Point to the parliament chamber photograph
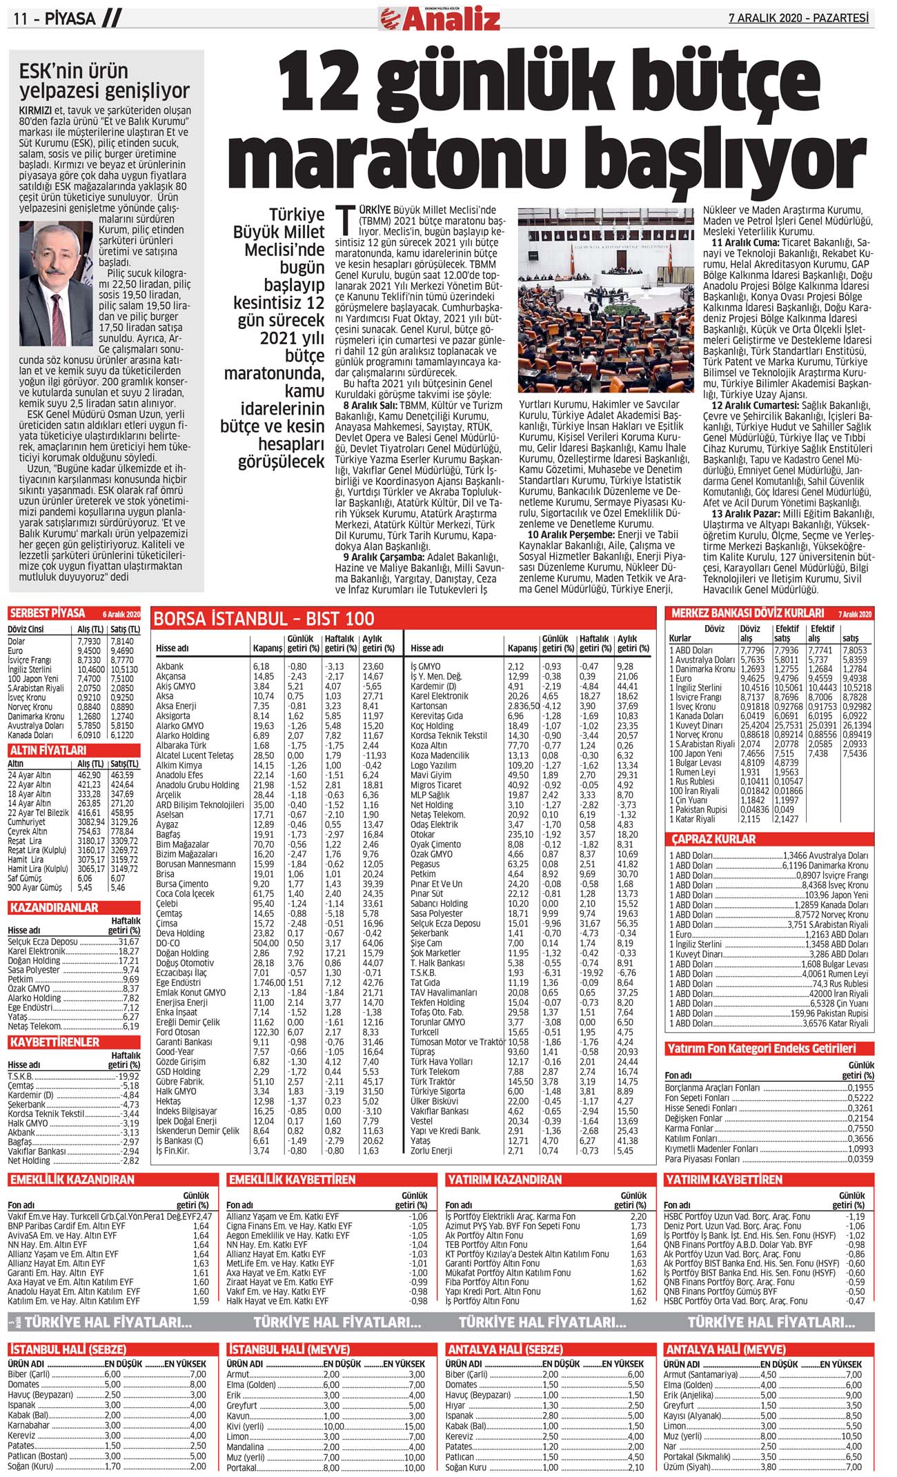coord(606,300)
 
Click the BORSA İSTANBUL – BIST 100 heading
coord(264,619)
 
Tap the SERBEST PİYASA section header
coord(48,613)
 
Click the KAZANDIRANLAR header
coord(54,907)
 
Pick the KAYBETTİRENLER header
coord(55,1042)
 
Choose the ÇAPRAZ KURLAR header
coord(713,840)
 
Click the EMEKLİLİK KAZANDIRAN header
coord(72,1180)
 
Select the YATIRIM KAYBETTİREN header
coord(724,1180)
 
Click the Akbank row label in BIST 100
coord(170,666)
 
